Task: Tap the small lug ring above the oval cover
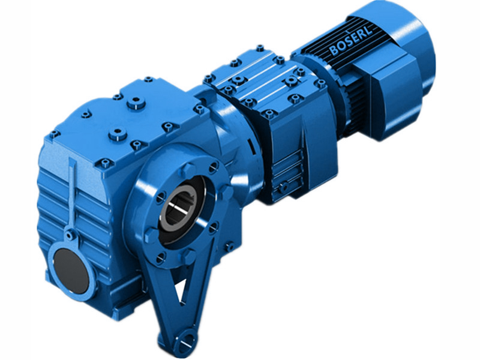(71, 235)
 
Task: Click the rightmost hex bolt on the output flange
(227, 192)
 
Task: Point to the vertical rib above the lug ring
(72, 192)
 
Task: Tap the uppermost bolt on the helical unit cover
(259, 47)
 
